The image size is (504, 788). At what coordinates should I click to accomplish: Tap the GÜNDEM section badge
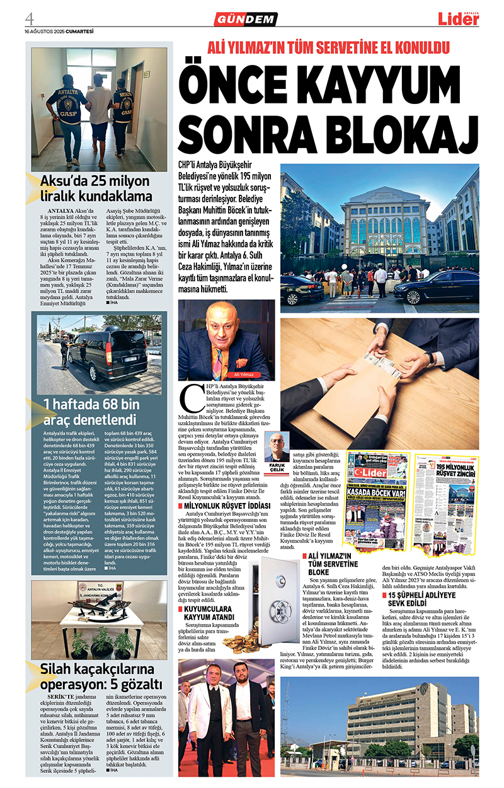[x=249, y=19]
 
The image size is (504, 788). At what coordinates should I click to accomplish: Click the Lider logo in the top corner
[x=459, y=19]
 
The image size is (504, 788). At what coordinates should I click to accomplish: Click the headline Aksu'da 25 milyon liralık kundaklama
[x=96, y=188]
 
